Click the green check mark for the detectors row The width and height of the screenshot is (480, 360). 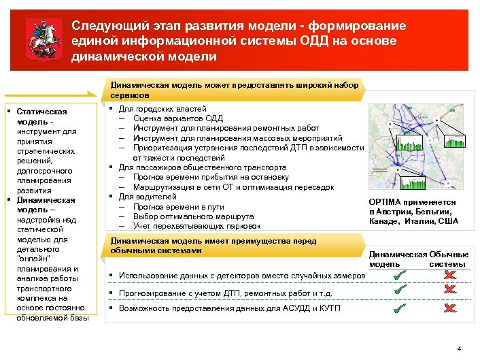(x=400, y=274)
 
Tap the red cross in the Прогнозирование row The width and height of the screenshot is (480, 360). (x=449, y=290)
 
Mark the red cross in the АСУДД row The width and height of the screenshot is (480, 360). (x=449, y=308)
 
